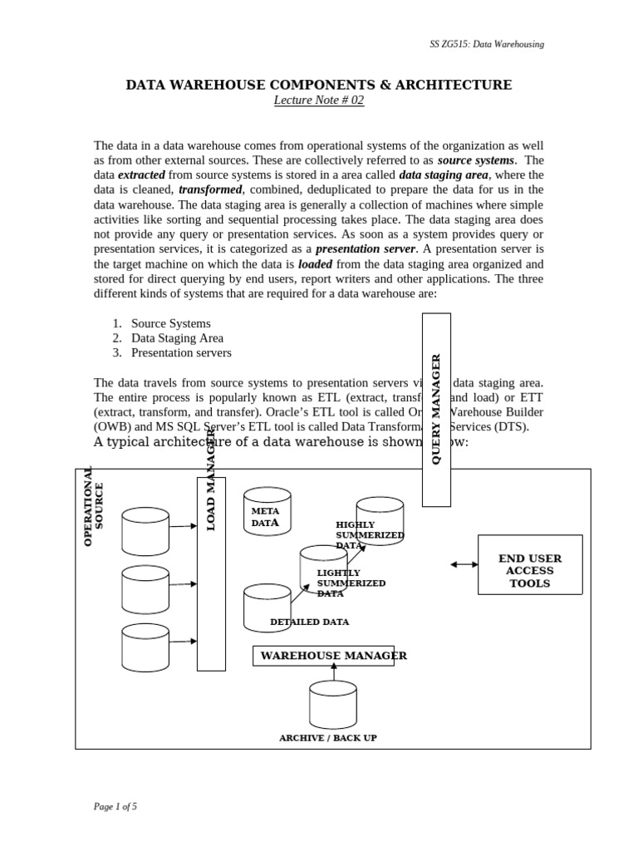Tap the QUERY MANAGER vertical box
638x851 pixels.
(x=436, y=409)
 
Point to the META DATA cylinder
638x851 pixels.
(x=267, y=515)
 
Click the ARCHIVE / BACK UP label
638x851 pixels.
(x=327, y=738)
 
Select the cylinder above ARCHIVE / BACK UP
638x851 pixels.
(x=333, y=704)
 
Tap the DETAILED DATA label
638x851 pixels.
(x=309, y=622)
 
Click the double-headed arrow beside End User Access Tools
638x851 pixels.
(x=464, y=564)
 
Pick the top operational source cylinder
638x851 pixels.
(x=145, y=531)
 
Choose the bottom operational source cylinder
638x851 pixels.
(x=145, y=647)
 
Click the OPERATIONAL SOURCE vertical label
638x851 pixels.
(x=93, y=506)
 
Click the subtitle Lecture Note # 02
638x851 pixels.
(x=318, y=101)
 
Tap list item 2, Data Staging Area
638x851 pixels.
(x=176, y=338)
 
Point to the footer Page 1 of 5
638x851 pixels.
(x=115, y=806)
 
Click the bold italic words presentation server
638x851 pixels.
(x=365, y=248)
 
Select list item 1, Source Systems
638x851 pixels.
(x=170, y=323)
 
